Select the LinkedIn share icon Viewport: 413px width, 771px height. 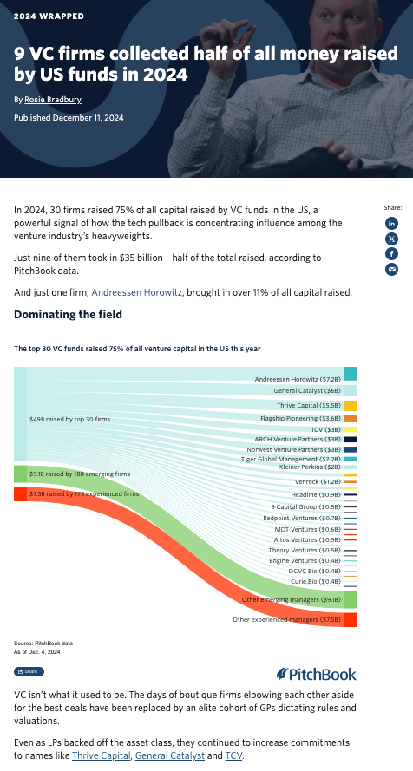coord(391,223)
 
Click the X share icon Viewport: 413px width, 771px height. coord(391,238)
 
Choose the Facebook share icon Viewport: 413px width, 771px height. coord(391,253)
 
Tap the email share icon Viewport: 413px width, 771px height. coord(391,269)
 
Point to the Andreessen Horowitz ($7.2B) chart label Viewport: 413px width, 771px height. coord(298,380)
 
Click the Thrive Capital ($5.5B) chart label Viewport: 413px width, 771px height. coord(309,405)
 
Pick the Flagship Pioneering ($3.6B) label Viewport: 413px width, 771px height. coord(300,418)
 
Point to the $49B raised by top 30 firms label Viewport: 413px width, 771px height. coord(69,419)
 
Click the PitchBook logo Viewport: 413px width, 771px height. coord(316,674)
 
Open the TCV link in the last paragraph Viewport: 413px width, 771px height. coord(234,755)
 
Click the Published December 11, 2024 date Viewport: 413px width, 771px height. coord(59,117)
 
